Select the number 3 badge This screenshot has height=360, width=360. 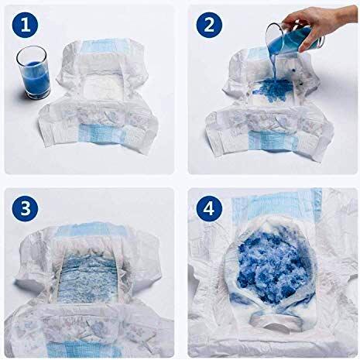26,209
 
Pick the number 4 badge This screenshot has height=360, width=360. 211,210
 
